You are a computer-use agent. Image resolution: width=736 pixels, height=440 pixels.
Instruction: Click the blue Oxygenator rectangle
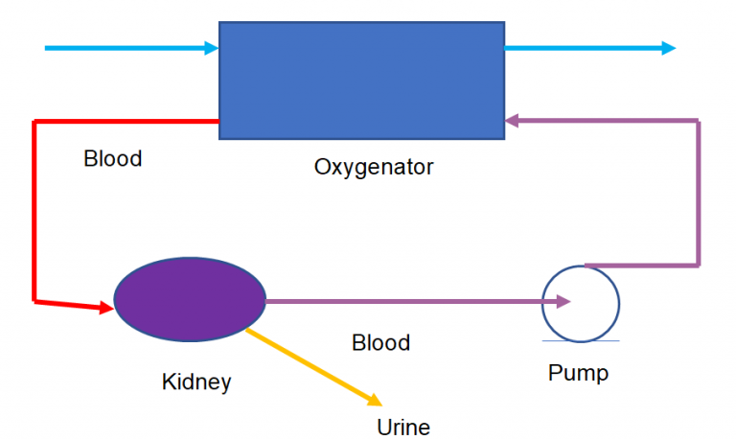[361, 80]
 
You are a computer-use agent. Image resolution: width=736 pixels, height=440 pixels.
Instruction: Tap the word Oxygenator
[374, 167]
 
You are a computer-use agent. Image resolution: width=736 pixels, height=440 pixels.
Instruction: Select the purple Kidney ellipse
[190, 300]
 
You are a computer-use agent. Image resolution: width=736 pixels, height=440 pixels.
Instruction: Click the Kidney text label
[196, 382]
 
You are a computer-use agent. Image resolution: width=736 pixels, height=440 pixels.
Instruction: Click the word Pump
[578, 372]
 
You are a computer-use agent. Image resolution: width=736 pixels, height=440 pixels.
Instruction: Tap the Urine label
[404, 427]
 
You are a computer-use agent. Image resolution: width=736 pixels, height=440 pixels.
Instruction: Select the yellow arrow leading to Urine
[311, 367]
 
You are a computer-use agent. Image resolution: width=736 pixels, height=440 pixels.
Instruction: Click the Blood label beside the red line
[113, 158]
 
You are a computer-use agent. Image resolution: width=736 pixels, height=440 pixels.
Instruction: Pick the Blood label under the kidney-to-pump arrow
[380, 342]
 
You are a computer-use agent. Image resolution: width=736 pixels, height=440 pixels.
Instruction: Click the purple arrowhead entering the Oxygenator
[513, 121]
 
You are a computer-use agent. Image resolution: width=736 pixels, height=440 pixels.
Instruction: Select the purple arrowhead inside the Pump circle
[563, 302]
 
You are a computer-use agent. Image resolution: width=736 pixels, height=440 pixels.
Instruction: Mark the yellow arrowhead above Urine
[377, 401]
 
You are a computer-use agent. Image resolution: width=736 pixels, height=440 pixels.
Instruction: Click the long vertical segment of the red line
[34, 211]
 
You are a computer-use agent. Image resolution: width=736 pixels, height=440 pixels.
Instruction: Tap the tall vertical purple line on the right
[698, 192]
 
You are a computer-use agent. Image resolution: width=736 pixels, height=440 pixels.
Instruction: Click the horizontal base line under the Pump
[580, 340]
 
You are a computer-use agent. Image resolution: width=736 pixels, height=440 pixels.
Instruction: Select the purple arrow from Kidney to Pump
[402, 301]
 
